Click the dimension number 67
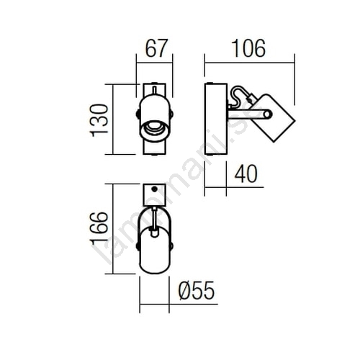tap(156, 48)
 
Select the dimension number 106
tap(248, 49)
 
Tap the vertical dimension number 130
tap(99, 120)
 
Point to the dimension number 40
tap(246, 174)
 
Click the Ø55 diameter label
tap(197, 290)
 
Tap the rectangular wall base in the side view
tap(216, 119)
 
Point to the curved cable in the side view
tap(238, 96)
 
